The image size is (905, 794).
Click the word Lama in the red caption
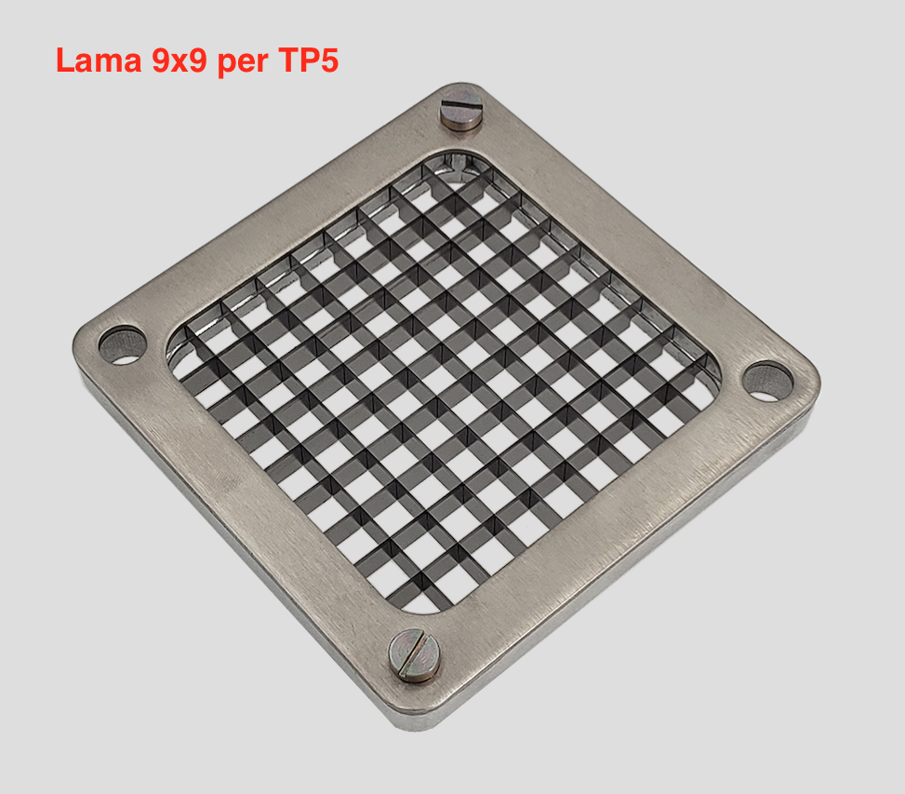pyautogui.click(x=99, y=61)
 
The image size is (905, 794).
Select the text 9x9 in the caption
pyautogui.click(x=179, y=61)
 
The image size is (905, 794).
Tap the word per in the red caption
pyautogui.click(x=243, y=63)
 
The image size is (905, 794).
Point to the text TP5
pyautogui.click(x=308, y=61)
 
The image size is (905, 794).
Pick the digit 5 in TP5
pyautogui.click(x=327, y=61)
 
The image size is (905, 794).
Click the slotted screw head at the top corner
pyautogui.click(x=461, y=108)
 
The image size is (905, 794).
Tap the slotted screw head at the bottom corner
pyautogui.click(x=414, y=654)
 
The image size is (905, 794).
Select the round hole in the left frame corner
pyautogui.click(x=123, y=345)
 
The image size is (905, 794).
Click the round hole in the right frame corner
pyautogui.click(x=767, y=382)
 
